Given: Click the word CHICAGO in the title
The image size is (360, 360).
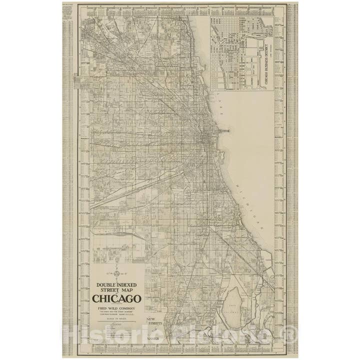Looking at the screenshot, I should point(116,299).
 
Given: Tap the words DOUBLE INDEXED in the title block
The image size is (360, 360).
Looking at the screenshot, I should point(116,284).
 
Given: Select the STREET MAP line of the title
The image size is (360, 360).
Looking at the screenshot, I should point(116,290).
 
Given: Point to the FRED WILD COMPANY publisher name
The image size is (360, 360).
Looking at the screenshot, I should point(116,308).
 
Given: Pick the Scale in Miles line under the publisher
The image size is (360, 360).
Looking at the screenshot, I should point(116,319).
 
